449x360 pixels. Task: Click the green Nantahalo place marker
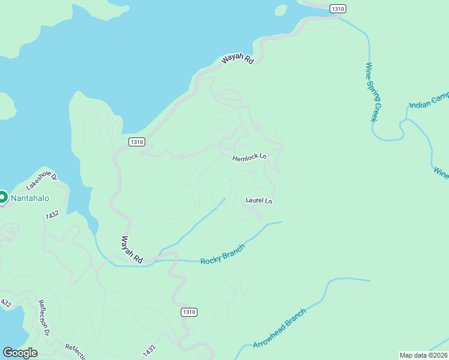coord(2,197)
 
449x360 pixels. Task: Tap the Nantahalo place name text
coord(28,199)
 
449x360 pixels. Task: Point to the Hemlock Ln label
coord(249,157)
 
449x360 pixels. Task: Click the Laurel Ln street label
coord(259,200)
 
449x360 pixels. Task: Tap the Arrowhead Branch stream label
coord(280,328)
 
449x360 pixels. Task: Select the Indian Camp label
coord(429,100)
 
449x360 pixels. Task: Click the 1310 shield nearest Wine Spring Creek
coord(339,8)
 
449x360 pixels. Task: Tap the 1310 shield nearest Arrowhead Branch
coord(188,313)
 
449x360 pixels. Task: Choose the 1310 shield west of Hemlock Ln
coord(136,142)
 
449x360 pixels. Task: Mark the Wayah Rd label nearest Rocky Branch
coord(131,250)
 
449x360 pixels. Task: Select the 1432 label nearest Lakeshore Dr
coord(52,214)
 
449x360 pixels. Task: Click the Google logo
coord(20,353)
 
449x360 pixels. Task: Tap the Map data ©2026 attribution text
coord(424,355)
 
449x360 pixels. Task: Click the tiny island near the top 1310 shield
coord(280,10)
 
